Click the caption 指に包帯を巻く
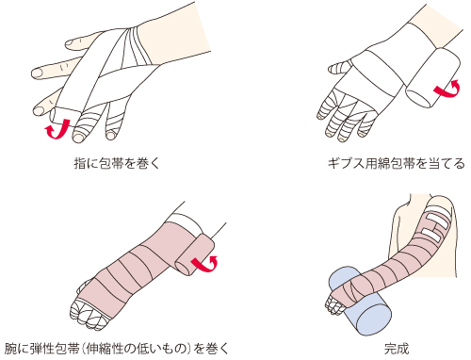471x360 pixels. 117,164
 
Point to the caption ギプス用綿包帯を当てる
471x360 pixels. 396,164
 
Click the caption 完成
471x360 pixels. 397,349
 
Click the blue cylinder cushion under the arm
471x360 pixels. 361,302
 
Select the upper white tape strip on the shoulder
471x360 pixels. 436,220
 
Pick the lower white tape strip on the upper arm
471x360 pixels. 432,235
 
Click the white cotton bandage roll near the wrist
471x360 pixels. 432,77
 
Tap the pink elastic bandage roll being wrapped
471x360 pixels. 195,254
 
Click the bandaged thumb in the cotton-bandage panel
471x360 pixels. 340,68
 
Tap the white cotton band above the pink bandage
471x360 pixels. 186,221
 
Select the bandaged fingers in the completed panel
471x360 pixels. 334,304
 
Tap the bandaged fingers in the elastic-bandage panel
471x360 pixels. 87,313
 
